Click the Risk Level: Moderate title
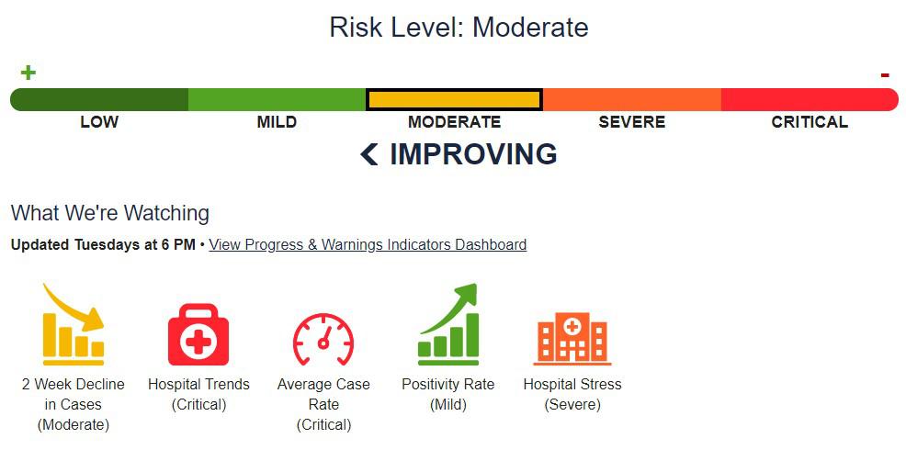[x=459, y=28]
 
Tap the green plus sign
[x=28, y=73]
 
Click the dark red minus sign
[x=885, y=75]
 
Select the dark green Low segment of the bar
[x=99, y=99]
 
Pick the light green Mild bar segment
[x=277, y=99]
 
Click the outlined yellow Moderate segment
[x=454, y=99]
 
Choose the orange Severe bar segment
[x=632, y=99]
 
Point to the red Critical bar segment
[x=809, y=99]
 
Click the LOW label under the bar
[x=99, y=122]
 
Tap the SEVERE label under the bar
[x=632, y=122]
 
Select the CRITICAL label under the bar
[x=810, y=122]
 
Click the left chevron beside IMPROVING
[x=369, y=155]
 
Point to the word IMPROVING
[x=473, y=154]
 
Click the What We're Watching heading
[x=110, y=213]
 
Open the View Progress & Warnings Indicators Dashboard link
[x=368, y=245]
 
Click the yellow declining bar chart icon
[x=74, y=325]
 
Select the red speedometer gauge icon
[x=323, y=339]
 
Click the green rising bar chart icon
[x=448, y=325]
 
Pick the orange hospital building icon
[x=572, y=337]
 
